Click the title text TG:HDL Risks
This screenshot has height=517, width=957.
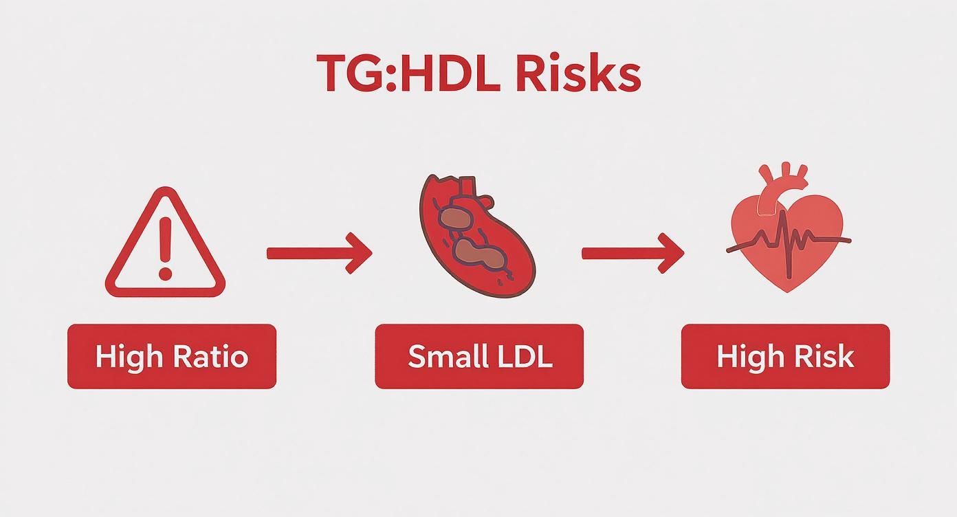(478, 74)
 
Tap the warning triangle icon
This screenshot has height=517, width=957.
(165, 244)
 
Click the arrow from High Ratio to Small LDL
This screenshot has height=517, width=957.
(319, 253)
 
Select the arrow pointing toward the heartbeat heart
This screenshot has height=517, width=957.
(632, 253)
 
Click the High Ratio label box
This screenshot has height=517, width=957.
(172, 356)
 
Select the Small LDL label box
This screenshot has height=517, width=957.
(479, 356)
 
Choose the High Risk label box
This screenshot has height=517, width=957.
(785, 356)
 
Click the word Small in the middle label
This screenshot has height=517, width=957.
(443, 356)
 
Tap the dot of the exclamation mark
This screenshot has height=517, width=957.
(165, 274)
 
